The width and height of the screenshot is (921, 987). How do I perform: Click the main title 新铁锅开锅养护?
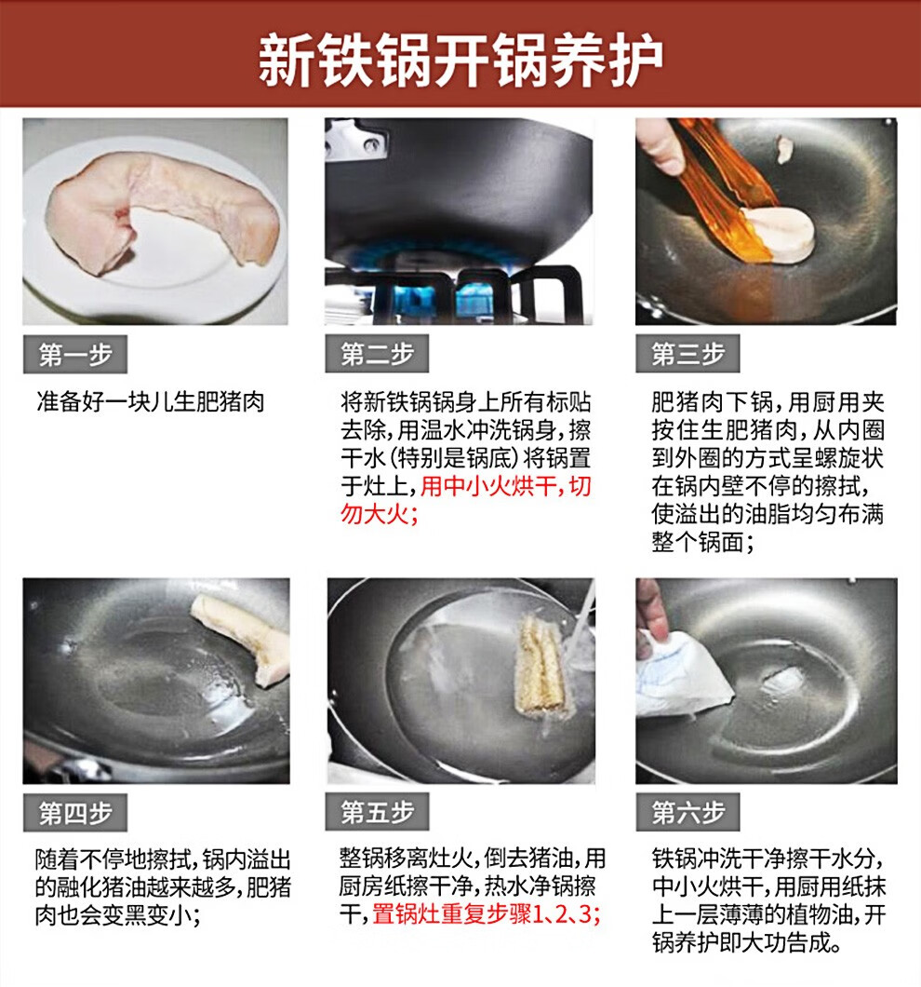[460, 61]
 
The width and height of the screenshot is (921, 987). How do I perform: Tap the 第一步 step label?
[75, 355]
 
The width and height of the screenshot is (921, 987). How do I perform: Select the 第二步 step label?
[377, 354]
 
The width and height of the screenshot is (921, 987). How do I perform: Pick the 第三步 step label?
[687, 354]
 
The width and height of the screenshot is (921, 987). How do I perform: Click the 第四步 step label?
[75, 813]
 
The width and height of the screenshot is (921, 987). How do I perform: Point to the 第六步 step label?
[687, 812]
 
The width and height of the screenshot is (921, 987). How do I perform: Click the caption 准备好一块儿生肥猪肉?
[151, 401]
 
